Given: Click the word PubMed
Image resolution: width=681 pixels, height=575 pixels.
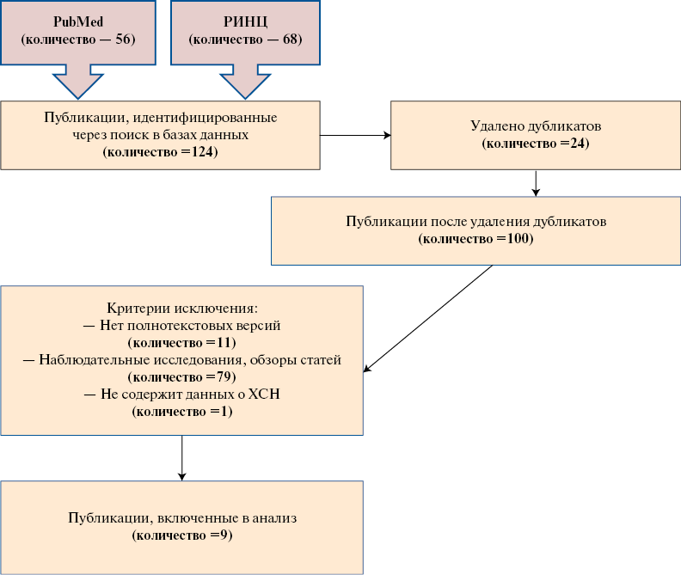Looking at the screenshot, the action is (x=78, y=21).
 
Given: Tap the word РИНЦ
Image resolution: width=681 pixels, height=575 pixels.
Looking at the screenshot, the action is (x=245, y=21).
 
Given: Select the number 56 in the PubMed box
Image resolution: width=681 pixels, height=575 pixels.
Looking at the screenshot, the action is (x=122, y=39).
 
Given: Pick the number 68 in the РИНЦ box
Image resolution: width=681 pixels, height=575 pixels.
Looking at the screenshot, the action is (x=290, y=39).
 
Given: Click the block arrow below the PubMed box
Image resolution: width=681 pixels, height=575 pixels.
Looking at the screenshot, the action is (x=78, y=82).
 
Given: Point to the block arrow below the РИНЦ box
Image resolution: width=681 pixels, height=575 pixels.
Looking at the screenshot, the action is (x=245, y=82).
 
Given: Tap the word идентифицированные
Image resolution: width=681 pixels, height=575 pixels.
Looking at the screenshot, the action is (x=205, y=118).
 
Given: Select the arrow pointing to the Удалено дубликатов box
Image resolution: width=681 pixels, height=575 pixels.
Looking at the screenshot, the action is (x=355, y=136).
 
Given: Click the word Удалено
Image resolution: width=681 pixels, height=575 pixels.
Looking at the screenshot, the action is (x=498, y=126).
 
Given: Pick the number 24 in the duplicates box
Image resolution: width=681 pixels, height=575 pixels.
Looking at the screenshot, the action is (x=577, y=143).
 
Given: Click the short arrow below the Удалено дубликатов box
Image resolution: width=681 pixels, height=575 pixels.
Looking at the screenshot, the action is (x=536, y=183).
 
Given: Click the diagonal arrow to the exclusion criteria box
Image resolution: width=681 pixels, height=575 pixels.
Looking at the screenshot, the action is (x=428, y=318).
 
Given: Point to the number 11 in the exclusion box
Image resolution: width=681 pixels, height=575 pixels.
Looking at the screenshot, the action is (x=224, y=342).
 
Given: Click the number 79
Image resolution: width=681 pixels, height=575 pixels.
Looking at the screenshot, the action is (x=224, y=376).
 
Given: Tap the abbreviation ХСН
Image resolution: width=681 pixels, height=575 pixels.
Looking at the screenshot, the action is (x=264, y=394).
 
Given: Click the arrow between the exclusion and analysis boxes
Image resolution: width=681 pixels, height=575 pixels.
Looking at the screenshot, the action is (x=182, y=458).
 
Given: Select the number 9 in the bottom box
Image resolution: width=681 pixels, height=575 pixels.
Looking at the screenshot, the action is (x=224, y=535).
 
